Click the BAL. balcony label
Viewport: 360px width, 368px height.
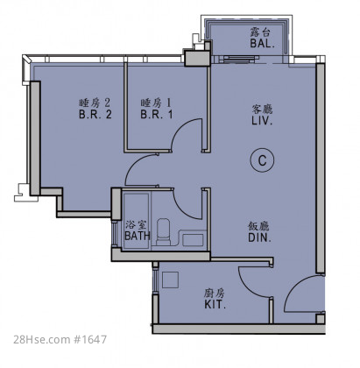coord(262,44)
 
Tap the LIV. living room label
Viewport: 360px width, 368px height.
coord(262,121)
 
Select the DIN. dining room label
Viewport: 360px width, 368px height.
coord(259,237)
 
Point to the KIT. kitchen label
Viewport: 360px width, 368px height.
coord(215,305)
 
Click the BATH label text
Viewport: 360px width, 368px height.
coord(138,236)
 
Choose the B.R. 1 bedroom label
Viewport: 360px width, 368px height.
coord(156,114)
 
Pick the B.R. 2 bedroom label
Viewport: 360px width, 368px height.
coord(95,114)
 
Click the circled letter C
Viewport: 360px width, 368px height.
coord(262,160)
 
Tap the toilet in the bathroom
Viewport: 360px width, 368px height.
coord(163,231)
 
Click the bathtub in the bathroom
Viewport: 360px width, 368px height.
coord(136,221)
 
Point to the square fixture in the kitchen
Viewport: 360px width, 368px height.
coord(170,280)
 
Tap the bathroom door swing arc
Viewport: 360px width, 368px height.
coord(182,209)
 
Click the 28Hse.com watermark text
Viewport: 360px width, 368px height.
coord(41,339)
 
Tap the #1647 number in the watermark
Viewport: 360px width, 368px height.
coord(89,339)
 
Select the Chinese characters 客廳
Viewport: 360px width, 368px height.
coord(262,110)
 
